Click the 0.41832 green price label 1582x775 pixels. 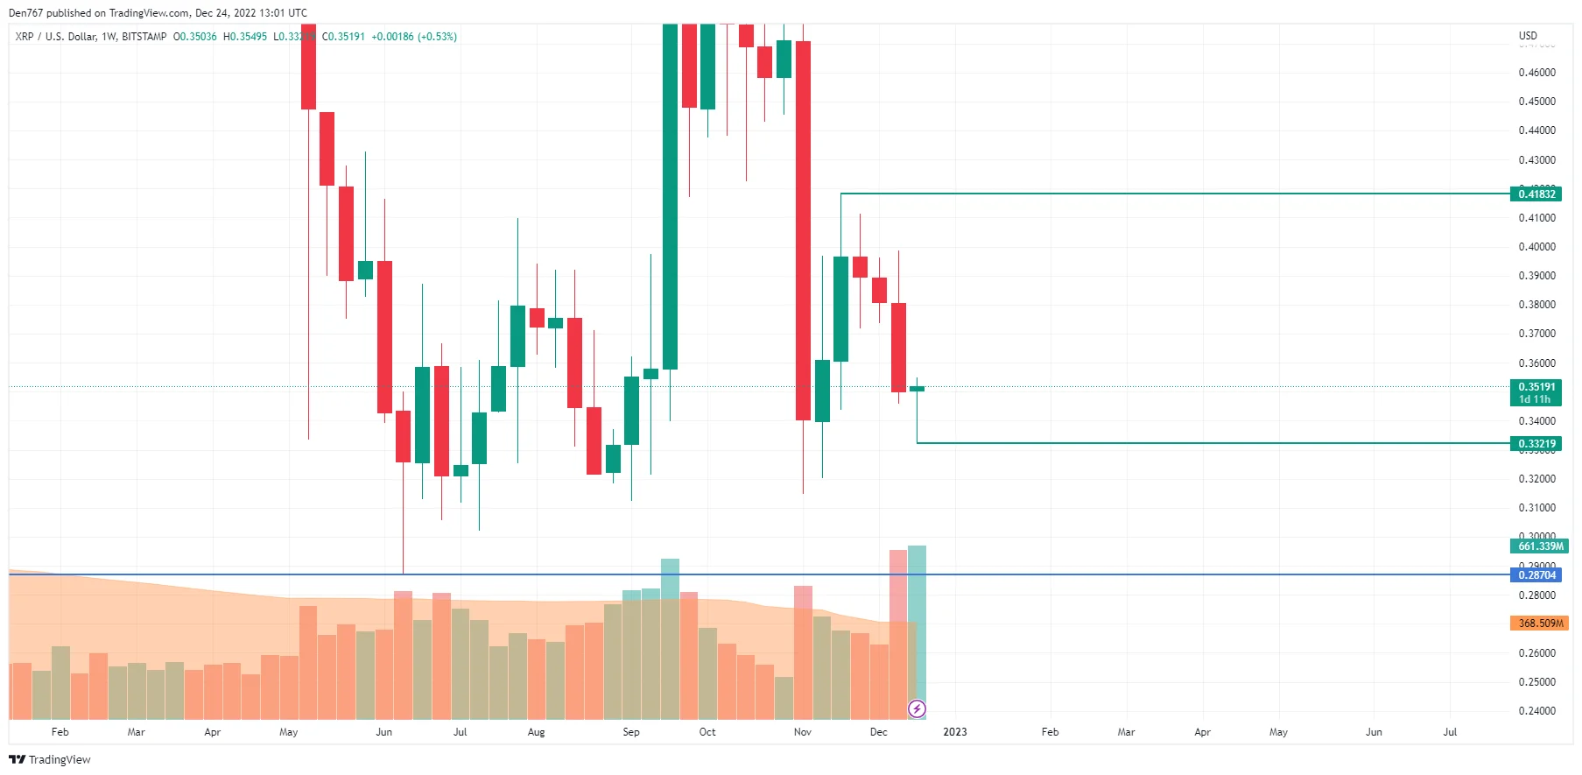click(x=1536, y=194)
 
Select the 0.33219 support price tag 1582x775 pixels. click(x=1536, y=444)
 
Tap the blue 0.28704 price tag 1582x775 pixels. click(x=1536, y=575)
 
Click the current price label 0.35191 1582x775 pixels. click(x=1536, y=387)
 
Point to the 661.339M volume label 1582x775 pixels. click(x=1539, y=546)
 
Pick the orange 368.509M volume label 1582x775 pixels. click(x=1539, y=624)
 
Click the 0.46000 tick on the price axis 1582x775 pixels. click(x=1536, y=73)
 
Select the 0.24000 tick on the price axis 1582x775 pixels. click(x=1536, y=711)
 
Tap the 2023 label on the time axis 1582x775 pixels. click(x=954, y=732)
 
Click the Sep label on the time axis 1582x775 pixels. click(x=630, y=732)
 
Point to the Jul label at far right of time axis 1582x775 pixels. click(x=1450, y=732)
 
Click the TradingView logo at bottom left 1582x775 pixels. click(x=50, y=759)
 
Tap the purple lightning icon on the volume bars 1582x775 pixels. click(x=917, y=708)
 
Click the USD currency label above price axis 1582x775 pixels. click(x=1527, y=36)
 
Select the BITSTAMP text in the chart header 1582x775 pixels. click(x=144, y=37)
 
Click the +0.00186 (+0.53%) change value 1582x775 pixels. click(x=414, y=37)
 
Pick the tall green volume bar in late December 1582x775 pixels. click(x=917, y=626)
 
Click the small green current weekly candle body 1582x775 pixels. click(x=917, y=389)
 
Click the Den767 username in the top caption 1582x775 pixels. click(x=25, y=13)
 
